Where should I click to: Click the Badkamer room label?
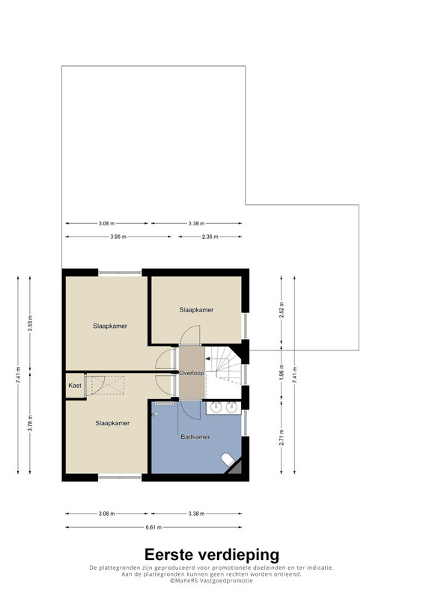(195, 437)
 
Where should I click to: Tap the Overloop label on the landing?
(192, 373)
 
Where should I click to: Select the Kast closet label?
(75, 386)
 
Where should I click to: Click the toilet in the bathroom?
(228, 459)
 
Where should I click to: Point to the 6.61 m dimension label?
(153, 527)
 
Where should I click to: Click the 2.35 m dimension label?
(210, 237)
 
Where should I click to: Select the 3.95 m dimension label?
(118, 237)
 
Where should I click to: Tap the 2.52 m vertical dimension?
(282, 310)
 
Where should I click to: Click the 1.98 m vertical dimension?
(282, 374)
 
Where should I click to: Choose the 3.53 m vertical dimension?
(30, 323)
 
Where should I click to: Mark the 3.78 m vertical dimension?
(30, 423)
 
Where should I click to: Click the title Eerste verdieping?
(212, 554)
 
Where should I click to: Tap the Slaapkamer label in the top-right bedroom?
(196, 310)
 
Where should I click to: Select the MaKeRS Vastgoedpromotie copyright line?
(211, 580)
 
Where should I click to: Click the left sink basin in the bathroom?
(216, 407)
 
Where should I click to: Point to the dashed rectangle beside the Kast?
(108, 385)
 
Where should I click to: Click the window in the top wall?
(120, 273)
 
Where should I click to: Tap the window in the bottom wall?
(120, 478)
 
